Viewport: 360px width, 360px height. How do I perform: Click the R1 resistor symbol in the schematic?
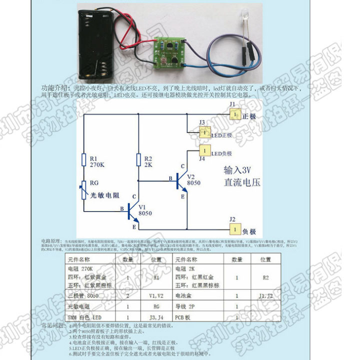pyautogui.click(x=83, y=159)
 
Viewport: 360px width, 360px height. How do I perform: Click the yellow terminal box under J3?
pyautogui.click(x=204, y=132)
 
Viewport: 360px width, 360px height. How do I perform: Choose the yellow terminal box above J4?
pyautogui.click(x=204, y=150)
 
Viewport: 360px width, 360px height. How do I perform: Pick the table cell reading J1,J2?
pyautogui.click(x=265, y=295)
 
